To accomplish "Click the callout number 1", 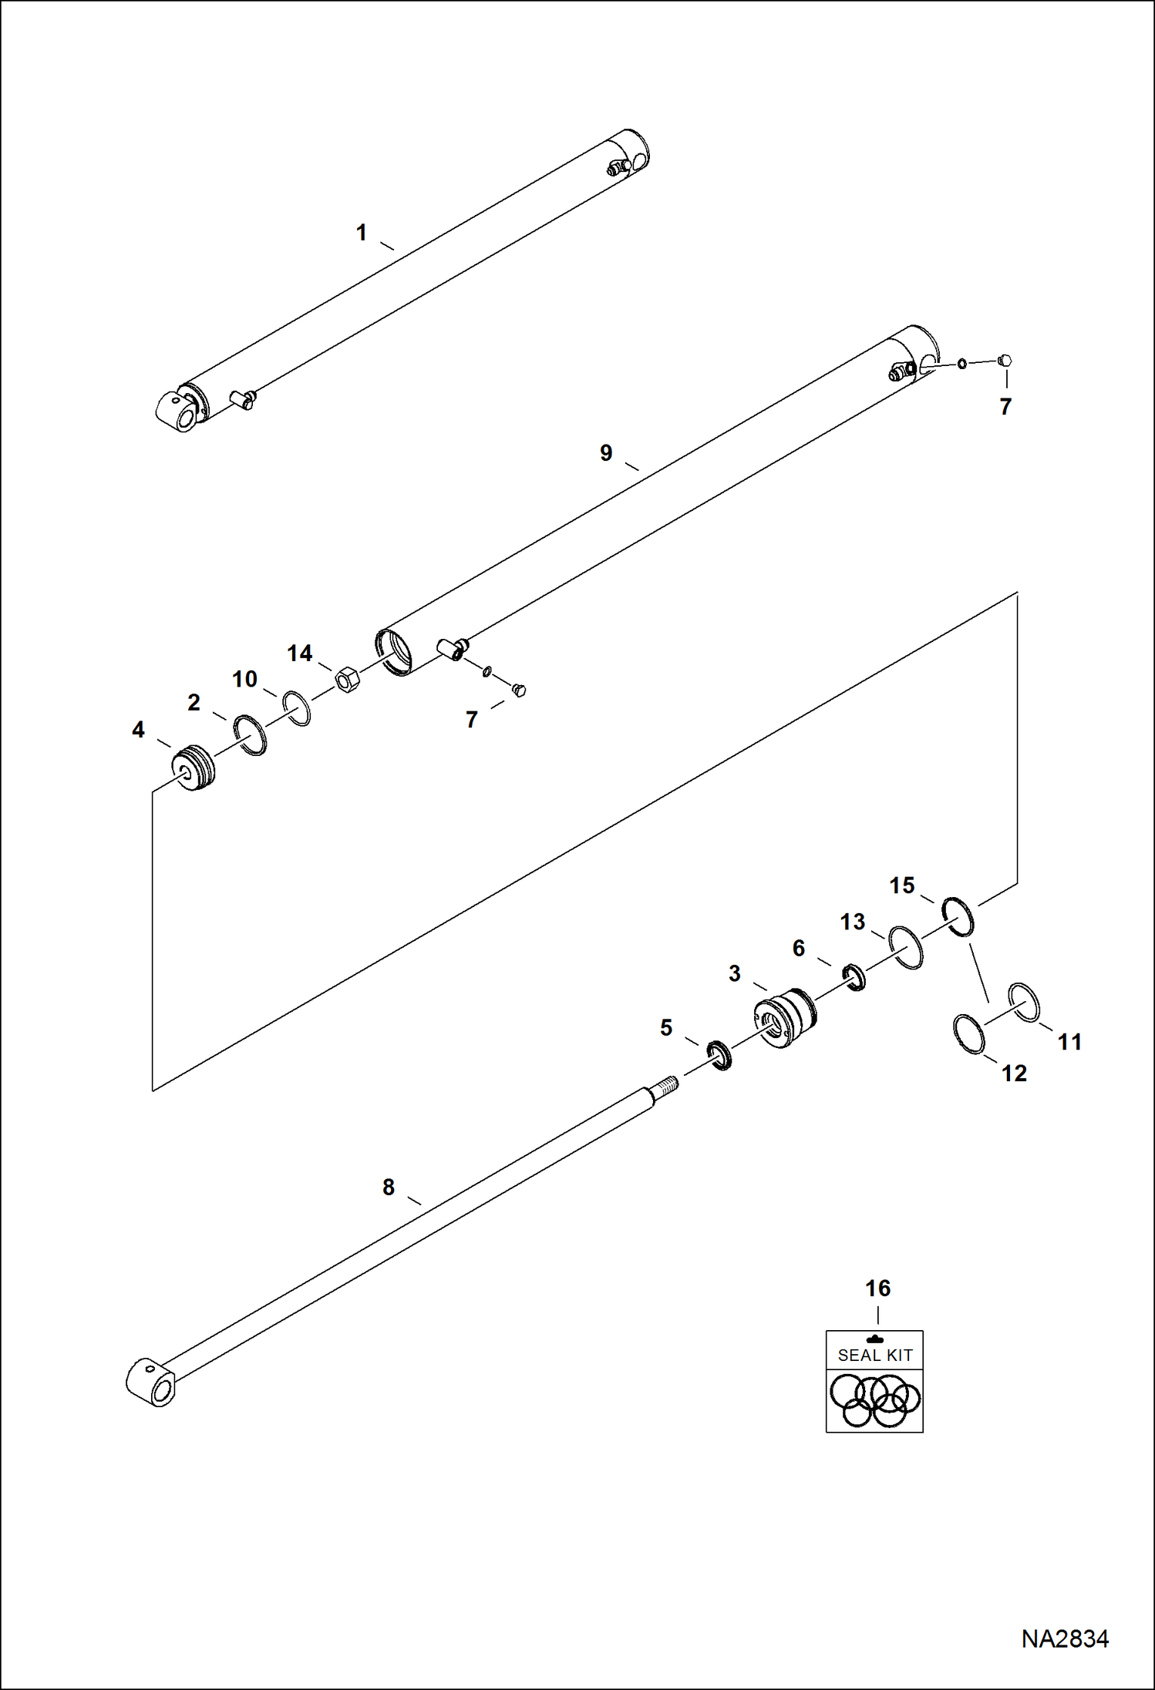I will tap(361, 232).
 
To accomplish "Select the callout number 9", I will tap(606, 452).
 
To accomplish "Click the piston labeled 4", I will tap(192, 768).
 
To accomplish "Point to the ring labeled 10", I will tap(297, 708).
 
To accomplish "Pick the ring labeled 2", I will tap(251, 735).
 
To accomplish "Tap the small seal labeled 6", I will tap(854, 977).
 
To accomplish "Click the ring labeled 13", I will tap(905, 947).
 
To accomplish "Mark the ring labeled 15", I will tap(958, 916).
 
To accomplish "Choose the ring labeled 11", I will tap(1024, 1003).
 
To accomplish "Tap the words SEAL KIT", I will tap(875, 1355).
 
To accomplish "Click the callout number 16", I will tap(877, 1288).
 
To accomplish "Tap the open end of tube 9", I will tap(394, 653).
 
